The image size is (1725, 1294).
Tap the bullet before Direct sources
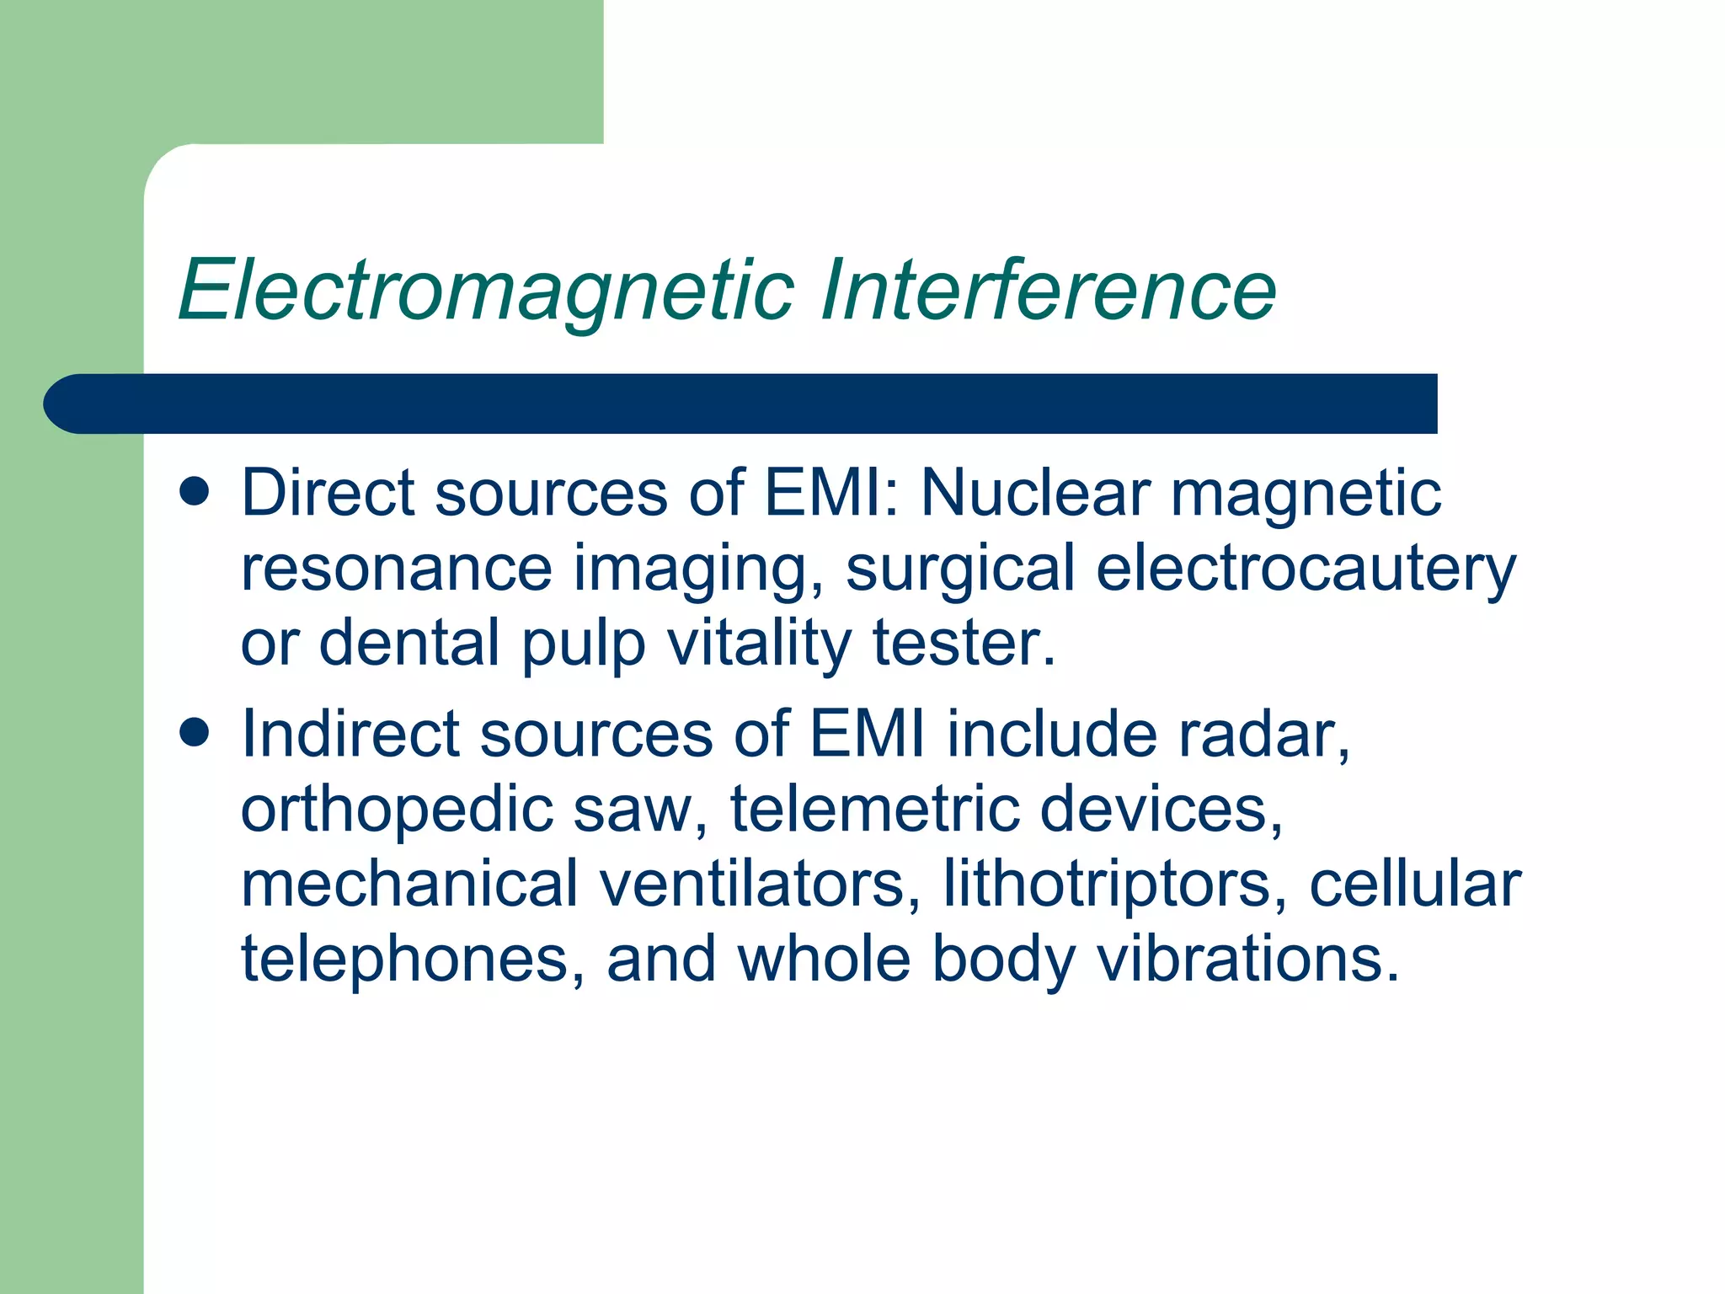[195, 492]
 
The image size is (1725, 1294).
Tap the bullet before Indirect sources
[195, 733]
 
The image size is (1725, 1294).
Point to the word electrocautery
[1306, 569]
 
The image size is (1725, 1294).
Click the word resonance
[396, 569]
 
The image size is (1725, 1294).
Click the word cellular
[1415, 885]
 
